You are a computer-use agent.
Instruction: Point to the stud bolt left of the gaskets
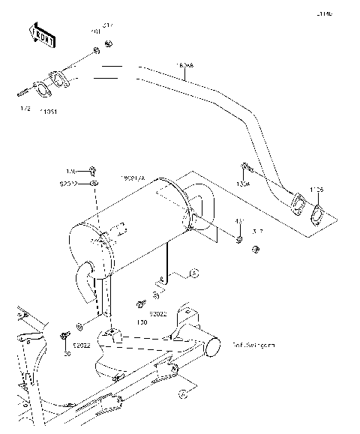[22, 94]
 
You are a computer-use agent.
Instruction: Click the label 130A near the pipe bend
[244, 184]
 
